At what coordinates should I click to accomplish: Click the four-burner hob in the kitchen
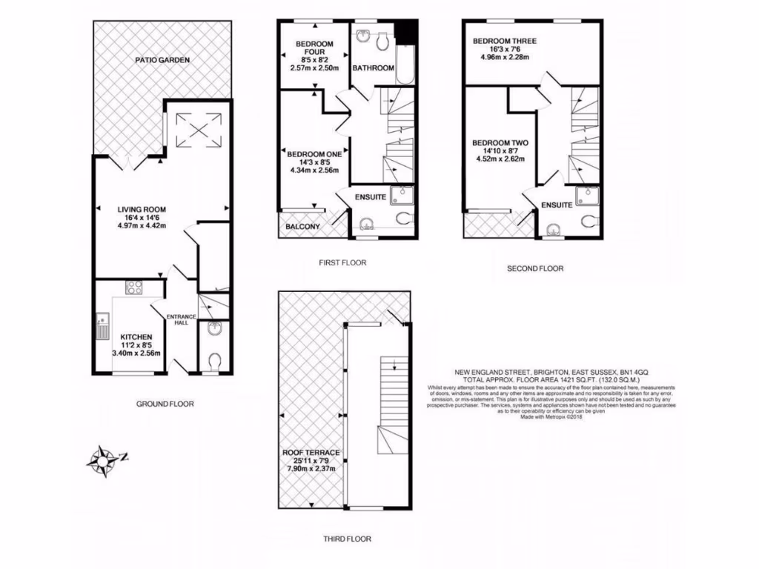(134, 287)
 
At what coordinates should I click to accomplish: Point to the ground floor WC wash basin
(213, 329)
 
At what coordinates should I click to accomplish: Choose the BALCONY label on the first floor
(302, 227)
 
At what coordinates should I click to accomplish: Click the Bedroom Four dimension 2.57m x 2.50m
(314, 68)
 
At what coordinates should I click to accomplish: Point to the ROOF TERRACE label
(311, 453)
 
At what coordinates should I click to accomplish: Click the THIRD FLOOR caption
(347, 539)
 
